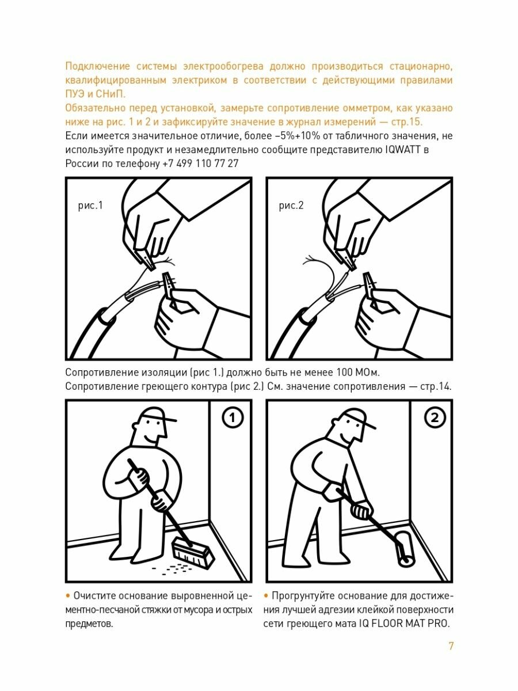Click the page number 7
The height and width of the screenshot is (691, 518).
(x=451, y=646)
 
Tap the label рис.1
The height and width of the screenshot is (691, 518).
(x=90, y=206)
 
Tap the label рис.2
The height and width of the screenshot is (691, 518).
(x=291, y=206)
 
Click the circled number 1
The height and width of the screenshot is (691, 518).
(x=233, y=417)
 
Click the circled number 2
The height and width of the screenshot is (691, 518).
(x=435, y=417)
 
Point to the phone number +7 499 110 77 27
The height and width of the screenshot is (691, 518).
(x=200, y=164)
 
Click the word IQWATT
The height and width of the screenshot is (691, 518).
(x=403, y=150)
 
